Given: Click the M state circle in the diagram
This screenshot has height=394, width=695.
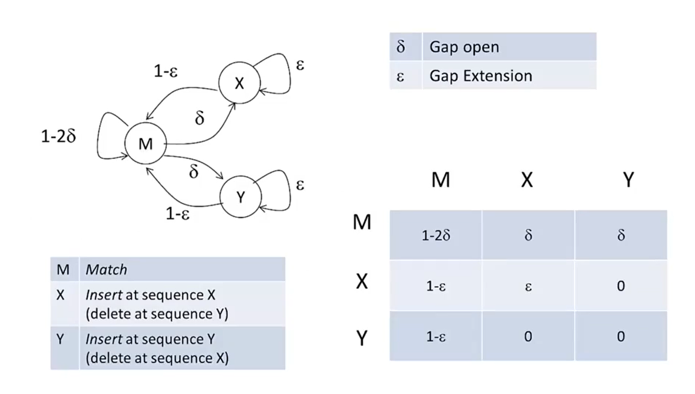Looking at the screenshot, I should (x=145, y=144).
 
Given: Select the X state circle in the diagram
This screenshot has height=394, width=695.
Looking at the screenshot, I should (x=239, y=83).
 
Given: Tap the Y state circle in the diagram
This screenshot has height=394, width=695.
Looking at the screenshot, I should (x=240, y=196).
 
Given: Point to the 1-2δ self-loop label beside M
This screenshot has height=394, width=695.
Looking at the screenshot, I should (x=59, y=136).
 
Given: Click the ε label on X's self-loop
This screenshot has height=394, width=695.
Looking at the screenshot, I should (x=300, y=64).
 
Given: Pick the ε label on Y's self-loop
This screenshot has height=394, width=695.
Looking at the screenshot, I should (x=300, y=184).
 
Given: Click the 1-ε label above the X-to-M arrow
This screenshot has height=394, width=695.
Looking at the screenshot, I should (x=165, y=72).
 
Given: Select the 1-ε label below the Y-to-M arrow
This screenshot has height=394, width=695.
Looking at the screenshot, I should (x=178, y=214).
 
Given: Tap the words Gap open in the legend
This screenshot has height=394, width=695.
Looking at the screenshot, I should (x=464, y=47).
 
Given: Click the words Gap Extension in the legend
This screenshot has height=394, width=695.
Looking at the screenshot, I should (x=480, y=76).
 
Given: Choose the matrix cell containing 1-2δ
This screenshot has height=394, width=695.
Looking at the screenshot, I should (x=436, y=236).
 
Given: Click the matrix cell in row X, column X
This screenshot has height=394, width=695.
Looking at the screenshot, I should (x=527, y=286).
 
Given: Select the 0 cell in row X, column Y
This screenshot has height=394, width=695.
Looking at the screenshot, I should (x=620, y=286).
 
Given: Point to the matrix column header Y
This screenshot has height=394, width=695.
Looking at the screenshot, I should (x=629, y=180).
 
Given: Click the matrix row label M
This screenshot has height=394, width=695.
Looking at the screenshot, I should (x=362, y=223).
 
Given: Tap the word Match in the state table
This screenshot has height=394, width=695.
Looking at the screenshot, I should (x=106, y=269).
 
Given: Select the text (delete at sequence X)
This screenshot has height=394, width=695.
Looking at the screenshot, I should (x=157, y=358).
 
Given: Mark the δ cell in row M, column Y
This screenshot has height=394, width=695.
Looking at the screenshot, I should (x=620, y=236).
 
